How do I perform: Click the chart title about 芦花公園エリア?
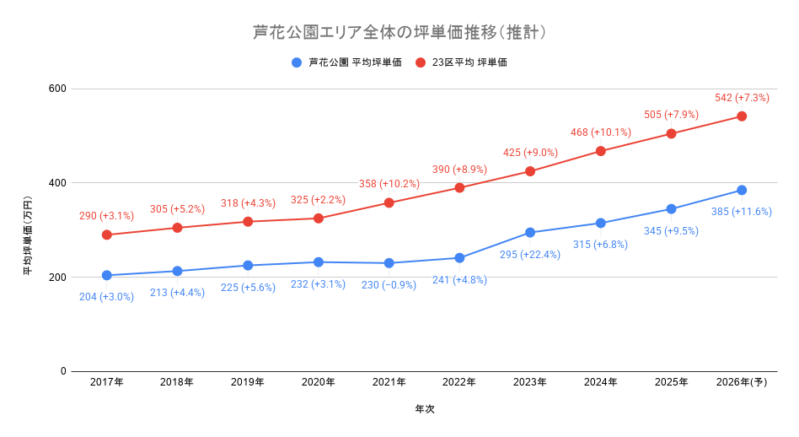[x=399, y=32]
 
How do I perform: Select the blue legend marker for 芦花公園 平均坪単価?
[x=297, y=62]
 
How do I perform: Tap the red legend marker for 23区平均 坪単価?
[x=421, y=62]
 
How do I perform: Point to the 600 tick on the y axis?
[x=57, y=89]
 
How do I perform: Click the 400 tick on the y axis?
[x=57, y=182]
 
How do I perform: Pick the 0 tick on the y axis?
[x=63, y=371]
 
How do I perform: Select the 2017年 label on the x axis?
[x=106, y=382]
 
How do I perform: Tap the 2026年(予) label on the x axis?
[x=742, y=382]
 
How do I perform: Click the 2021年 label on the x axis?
[x=389, y=382]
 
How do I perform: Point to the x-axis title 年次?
[x=425, y=409]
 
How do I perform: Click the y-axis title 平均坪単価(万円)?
[x=28, y=235]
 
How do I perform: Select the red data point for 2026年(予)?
[x=742, y=116]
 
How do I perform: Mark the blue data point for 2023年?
[x=530, y=233]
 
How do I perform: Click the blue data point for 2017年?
[x=106, y=275]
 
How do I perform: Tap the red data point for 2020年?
[x=319, y=218]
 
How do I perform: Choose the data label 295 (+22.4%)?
[x=530, y=255]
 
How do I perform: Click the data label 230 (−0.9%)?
[x=389, y=285]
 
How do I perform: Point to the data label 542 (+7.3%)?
[x=742, y=98]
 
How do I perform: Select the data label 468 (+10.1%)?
[x=601, y=132]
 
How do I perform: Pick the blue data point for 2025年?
[x=671, y=209]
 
